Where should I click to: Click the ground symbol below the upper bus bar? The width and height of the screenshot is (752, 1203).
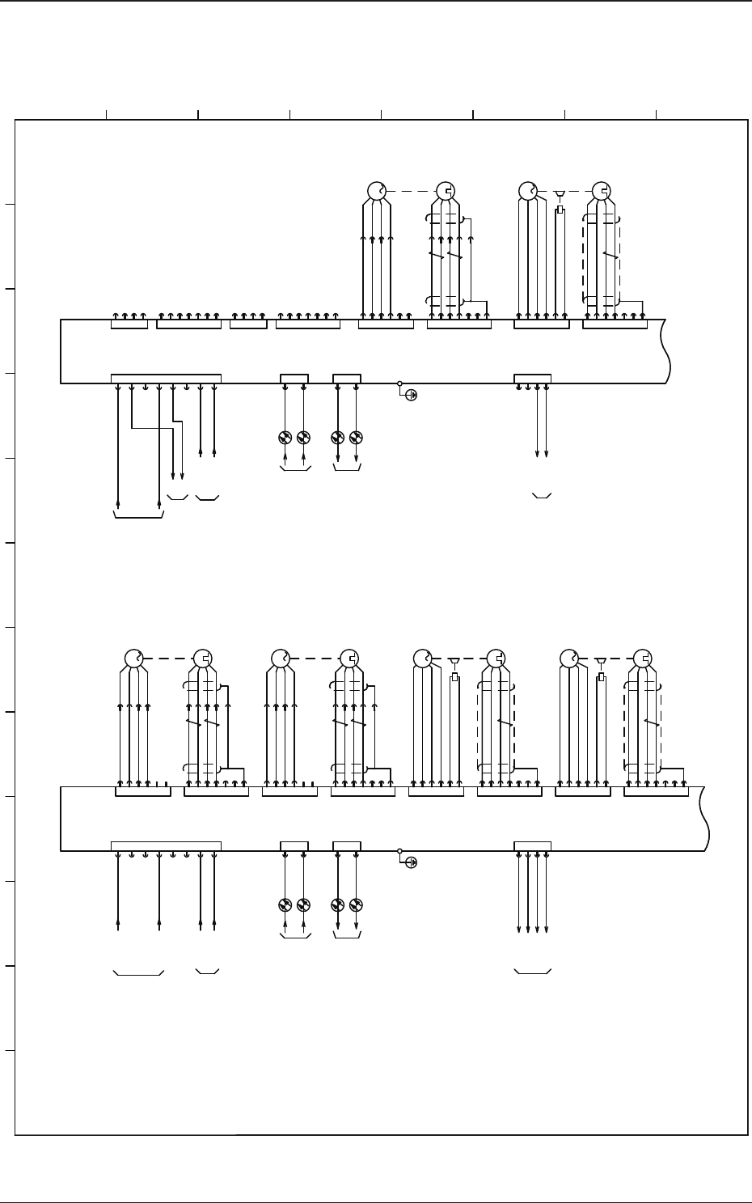411,396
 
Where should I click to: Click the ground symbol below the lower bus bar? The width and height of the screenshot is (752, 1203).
411,863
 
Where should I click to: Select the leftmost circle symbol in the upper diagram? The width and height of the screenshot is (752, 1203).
377,191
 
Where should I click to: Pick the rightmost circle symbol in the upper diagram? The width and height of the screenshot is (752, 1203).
601,191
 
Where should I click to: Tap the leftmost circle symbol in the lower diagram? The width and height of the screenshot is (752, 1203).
133,659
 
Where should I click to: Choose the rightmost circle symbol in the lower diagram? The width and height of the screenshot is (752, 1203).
643,659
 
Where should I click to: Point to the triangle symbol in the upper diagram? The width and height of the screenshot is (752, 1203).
560,194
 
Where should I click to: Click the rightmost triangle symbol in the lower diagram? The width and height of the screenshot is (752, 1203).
601,662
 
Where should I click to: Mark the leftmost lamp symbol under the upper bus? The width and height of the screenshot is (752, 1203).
285,438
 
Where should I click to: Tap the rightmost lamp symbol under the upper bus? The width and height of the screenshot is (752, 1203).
357,438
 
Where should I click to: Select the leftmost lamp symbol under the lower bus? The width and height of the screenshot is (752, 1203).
285,905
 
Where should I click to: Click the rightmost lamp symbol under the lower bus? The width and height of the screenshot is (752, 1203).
357,905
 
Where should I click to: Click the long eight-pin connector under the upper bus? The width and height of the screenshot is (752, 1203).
166,378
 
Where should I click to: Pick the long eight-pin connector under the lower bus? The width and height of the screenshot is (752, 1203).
166,845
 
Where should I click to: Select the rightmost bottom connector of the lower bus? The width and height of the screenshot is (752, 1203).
533,845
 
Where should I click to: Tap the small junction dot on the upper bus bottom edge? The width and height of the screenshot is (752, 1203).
399,383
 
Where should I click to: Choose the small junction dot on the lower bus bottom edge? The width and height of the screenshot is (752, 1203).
399,851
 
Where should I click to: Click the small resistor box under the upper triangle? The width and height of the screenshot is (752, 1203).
560,210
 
